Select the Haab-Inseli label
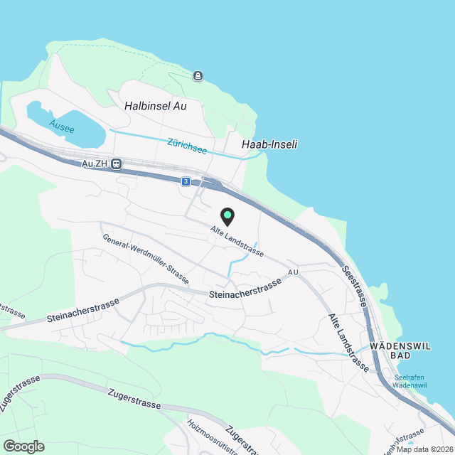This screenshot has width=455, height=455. click(x=269, y=144)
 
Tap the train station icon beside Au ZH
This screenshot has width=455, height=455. click(x=117, y=164)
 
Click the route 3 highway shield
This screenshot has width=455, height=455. click(x=186, y=182)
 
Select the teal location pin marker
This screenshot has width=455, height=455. click(x=227, y=214)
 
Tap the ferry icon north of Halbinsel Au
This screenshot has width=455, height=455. click(x=197, y=75)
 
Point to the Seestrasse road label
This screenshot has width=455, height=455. click(x=353, y=287)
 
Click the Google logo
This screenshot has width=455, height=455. click(x=23, y=446)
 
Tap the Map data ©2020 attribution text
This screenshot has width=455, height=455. click(x=424, y=449)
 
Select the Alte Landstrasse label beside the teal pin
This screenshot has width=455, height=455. click(x=237, y=242)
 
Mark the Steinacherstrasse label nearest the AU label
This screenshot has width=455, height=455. click(x=245, y=288)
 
